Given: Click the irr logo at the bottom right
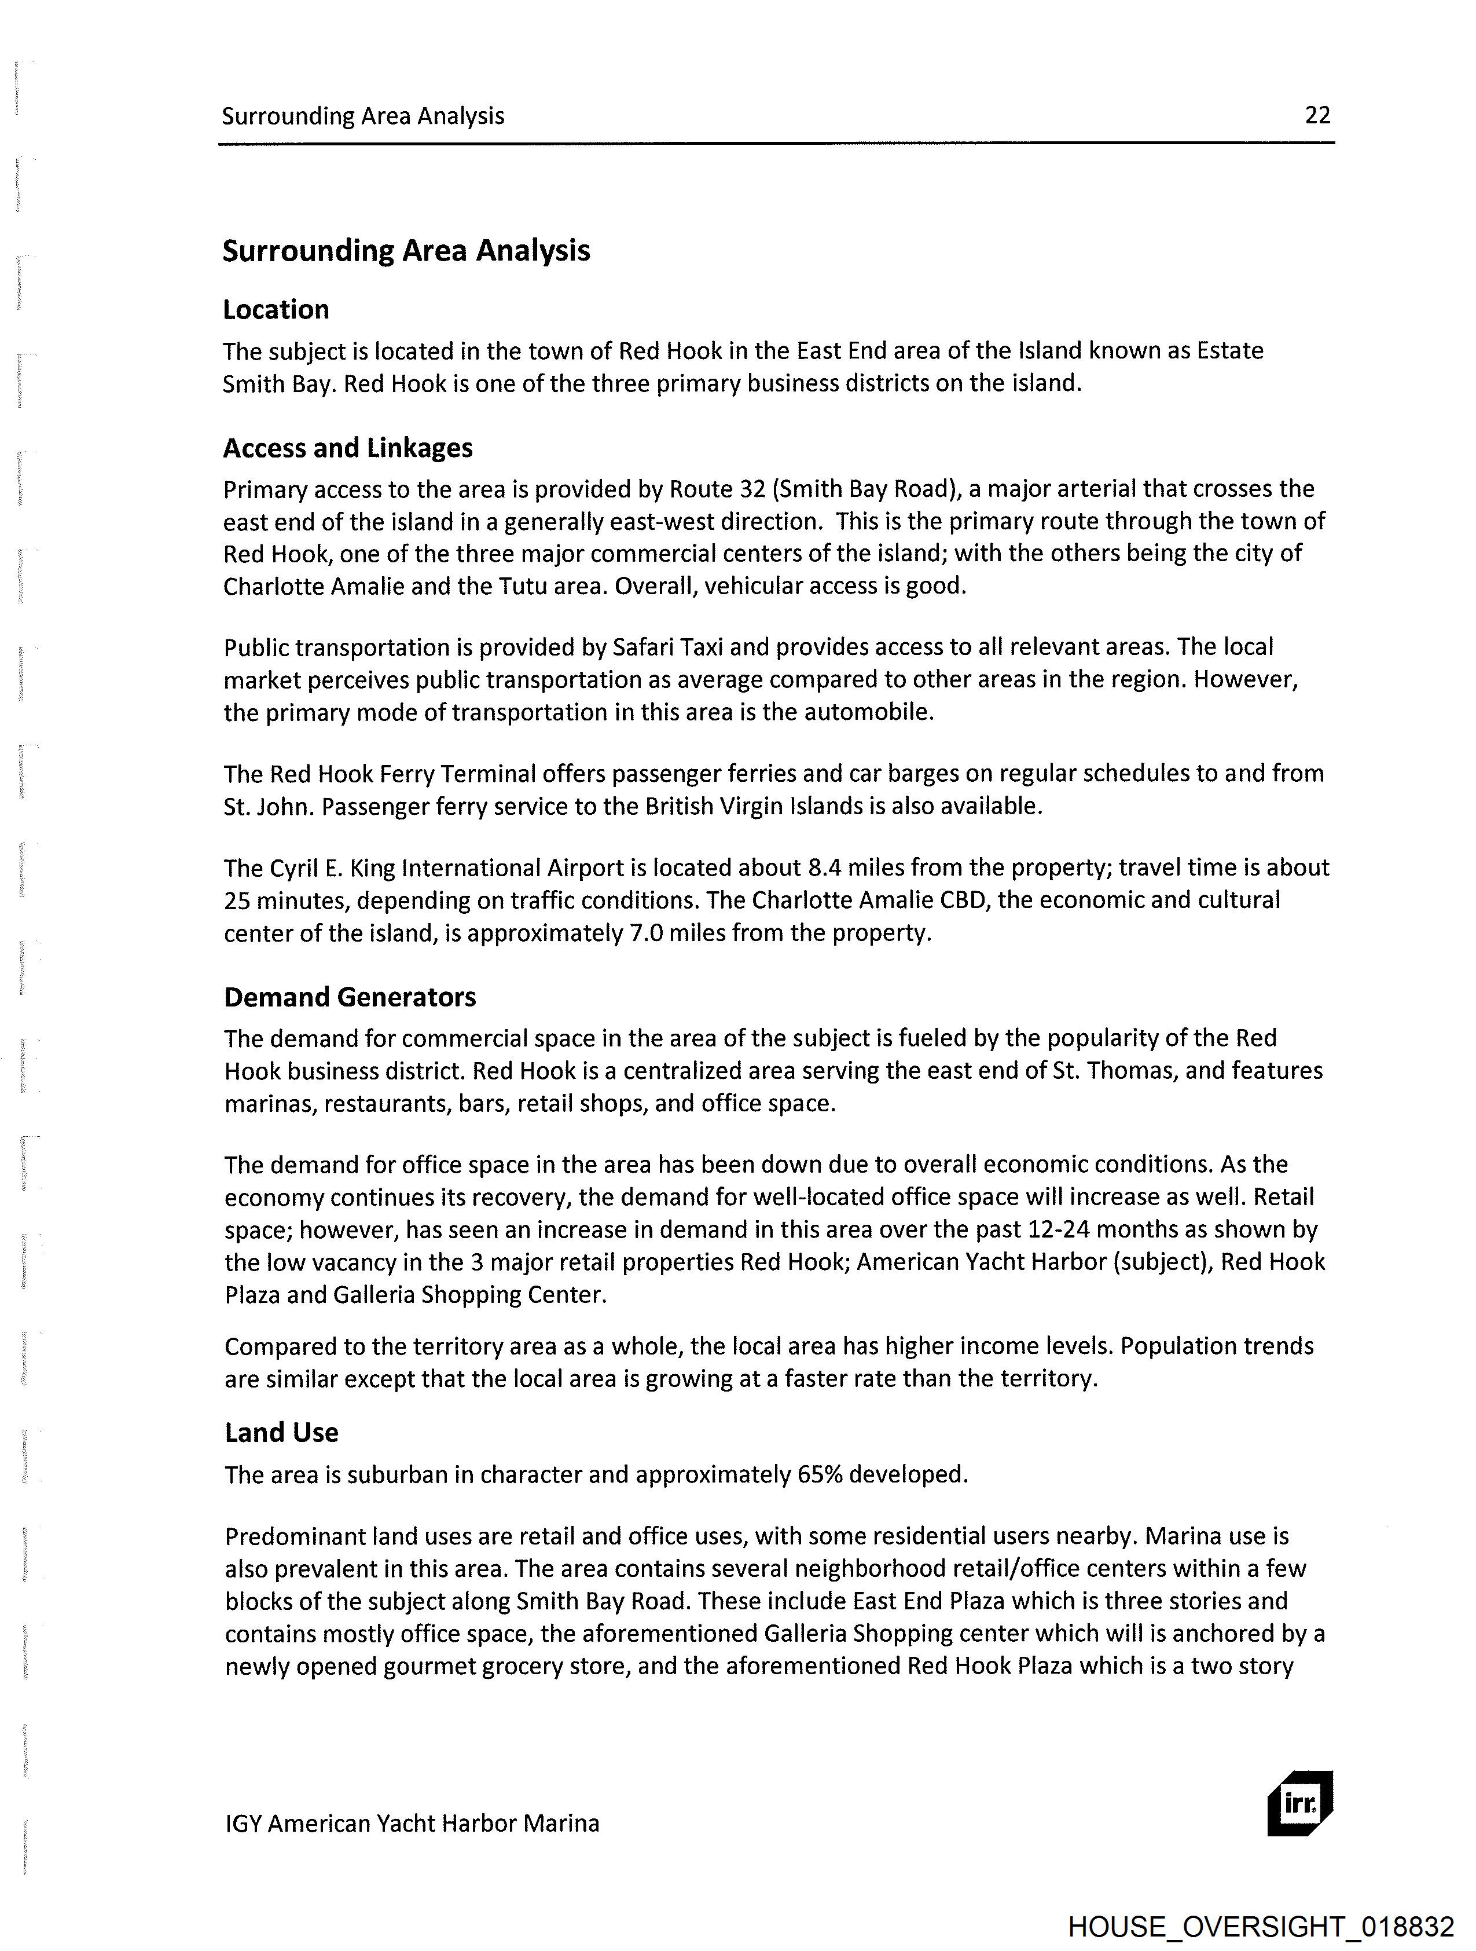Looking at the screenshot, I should click(1299, 1803).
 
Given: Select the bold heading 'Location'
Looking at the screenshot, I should click(276, 310).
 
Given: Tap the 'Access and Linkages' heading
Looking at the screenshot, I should click(347, 448).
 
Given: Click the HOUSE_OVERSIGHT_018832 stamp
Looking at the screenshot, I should click(1261, 1926).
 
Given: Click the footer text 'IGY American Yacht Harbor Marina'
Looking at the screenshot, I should click(412, 1823).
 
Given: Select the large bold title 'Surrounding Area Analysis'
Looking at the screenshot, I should click(406, 251).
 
